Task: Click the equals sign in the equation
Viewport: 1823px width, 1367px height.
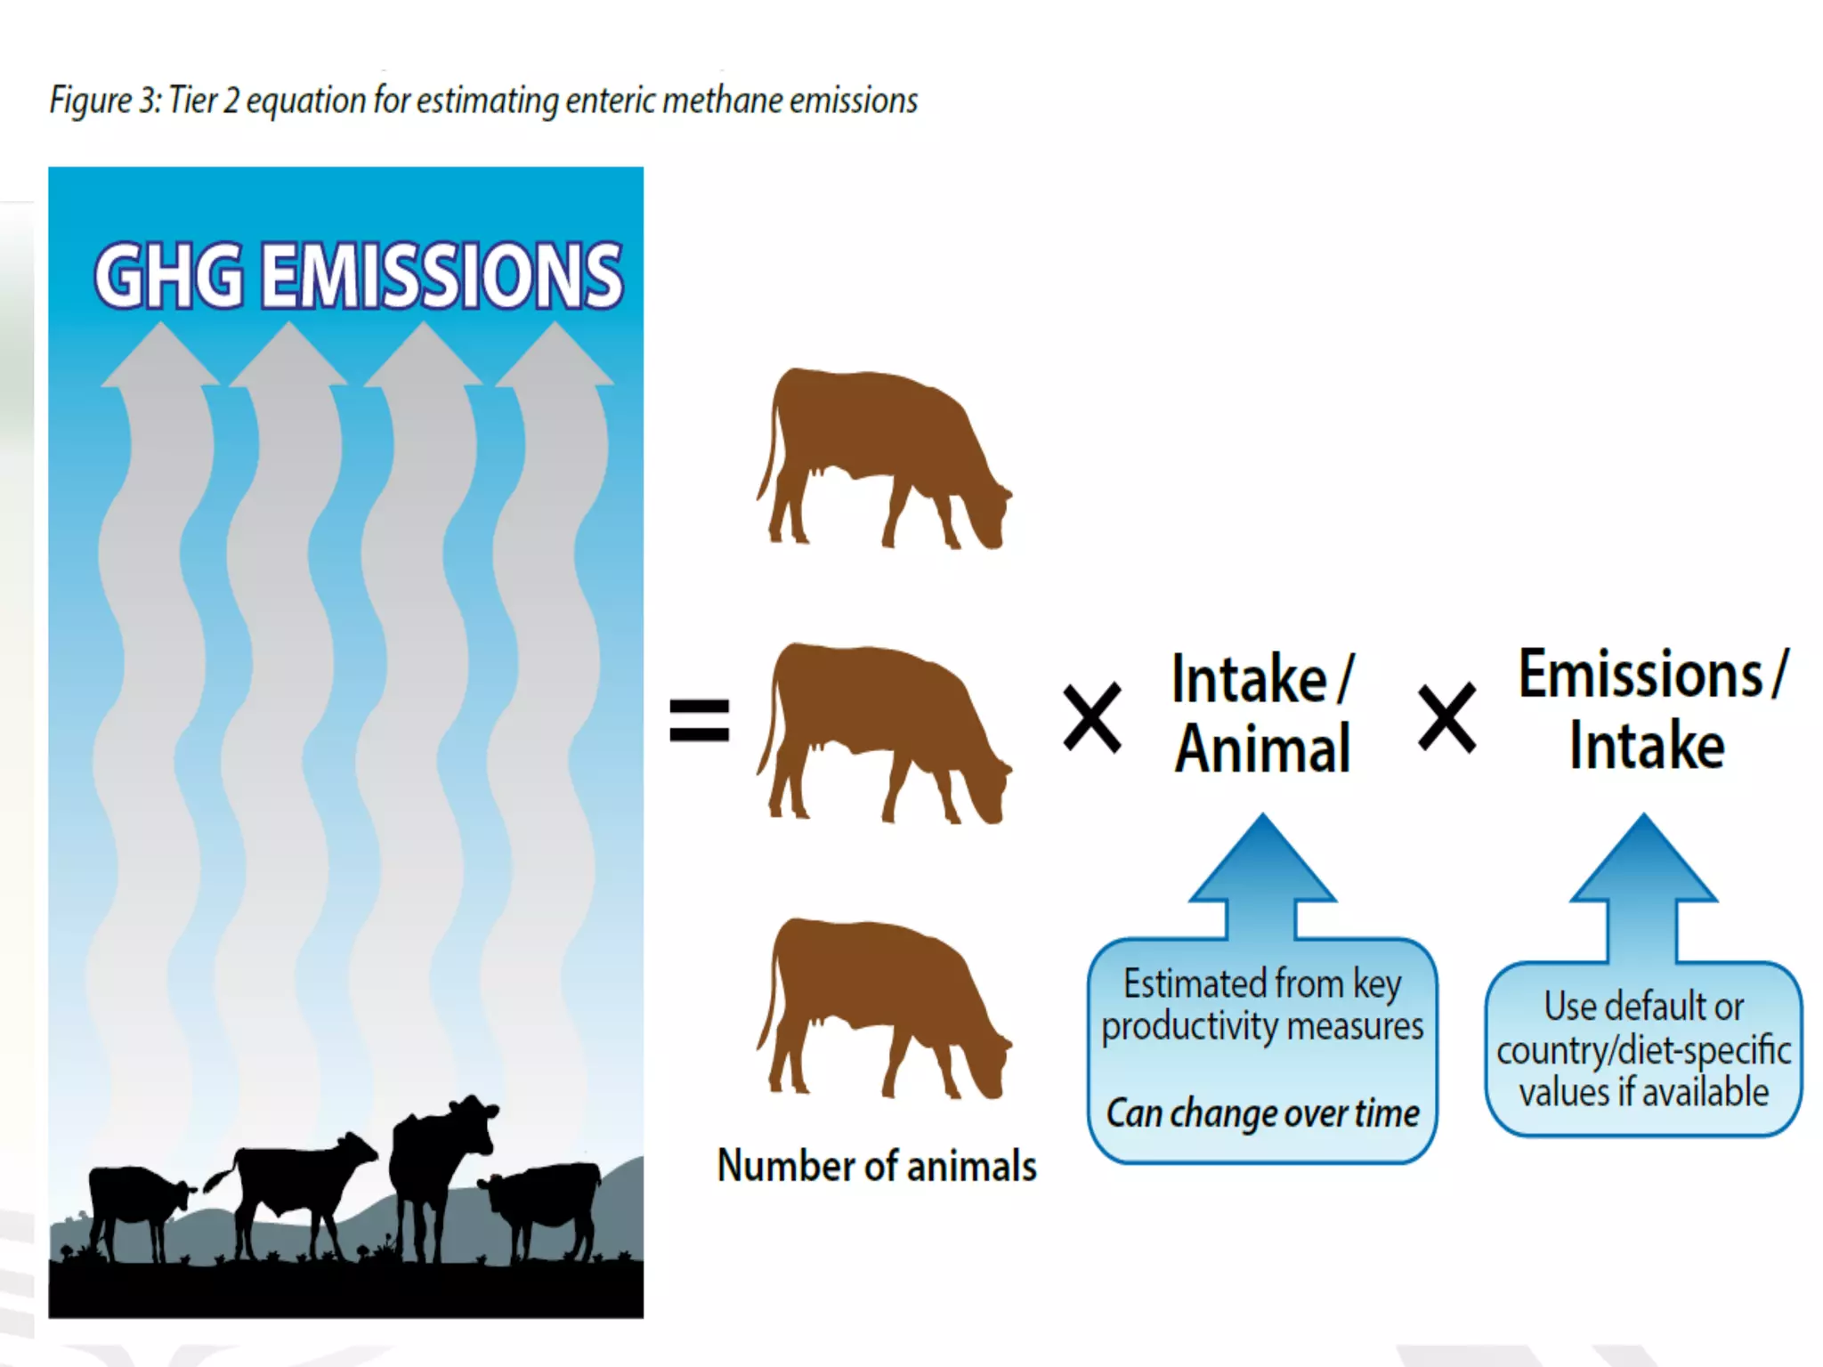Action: click(x=699, y=720)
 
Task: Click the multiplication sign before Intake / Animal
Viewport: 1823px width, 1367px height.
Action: click(x=1092, y=717)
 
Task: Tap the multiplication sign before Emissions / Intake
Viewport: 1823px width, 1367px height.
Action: click(x=1446, y=717)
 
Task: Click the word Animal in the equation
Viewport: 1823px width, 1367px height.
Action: click(x=1262, y=749)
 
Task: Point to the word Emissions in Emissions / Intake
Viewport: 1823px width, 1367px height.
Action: click(x=1640, y=675)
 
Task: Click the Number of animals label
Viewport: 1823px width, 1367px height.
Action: click(x=877, y=1166)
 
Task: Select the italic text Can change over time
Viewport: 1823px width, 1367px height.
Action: click(x=1262, y=1113)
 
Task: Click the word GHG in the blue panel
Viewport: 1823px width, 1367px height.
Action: click(x=169, y=276)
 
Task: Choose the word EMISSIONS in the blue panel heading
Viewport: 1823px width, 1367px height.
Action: click(x=442, y=276)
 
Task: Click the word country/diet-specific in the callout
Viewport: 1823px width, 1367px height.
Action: click(x=1643, y=1051)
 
